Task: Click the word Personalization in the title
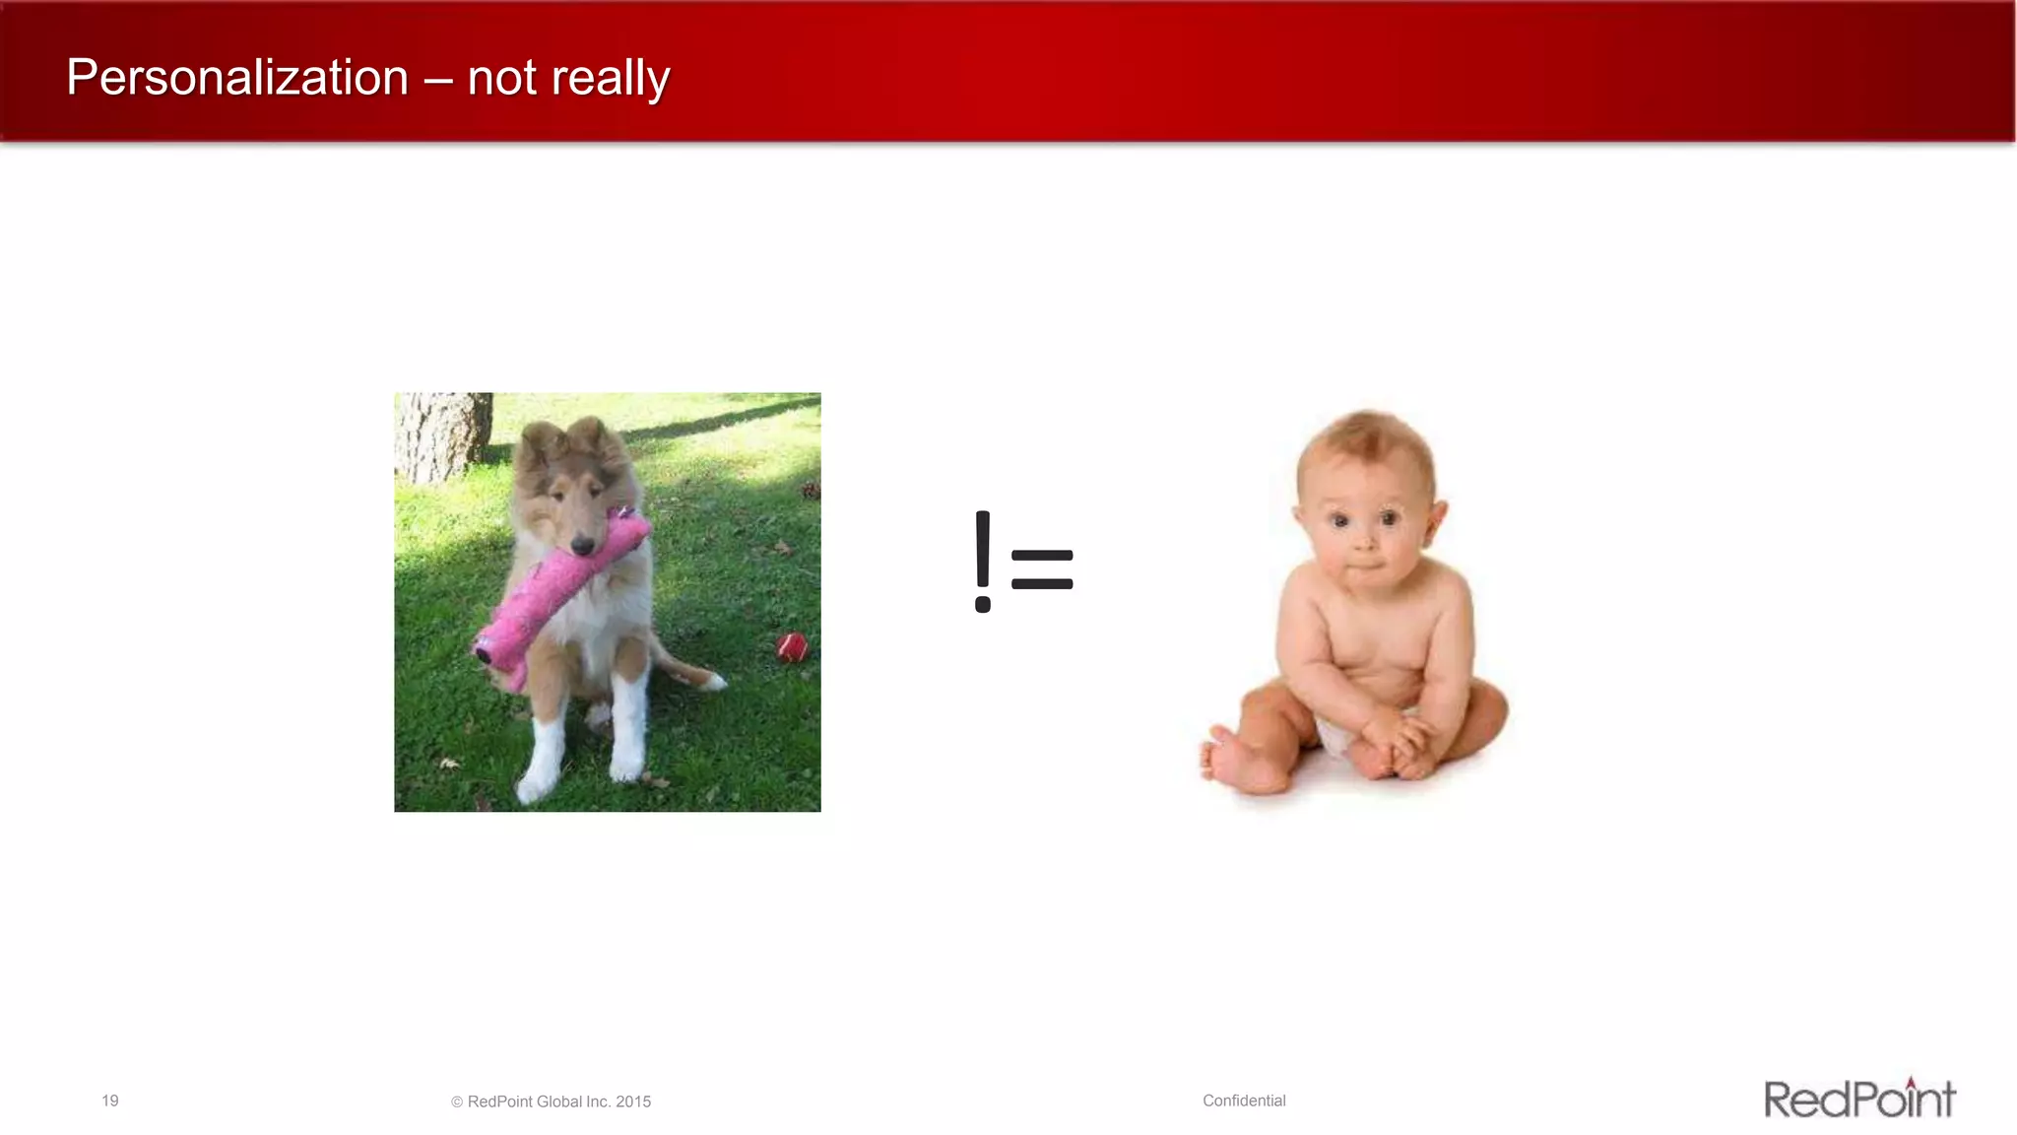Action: click(x=237, y=78)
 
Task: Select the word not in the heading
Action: click(x=502, y=79)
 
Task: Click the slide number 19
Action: click(x=110, y=1101)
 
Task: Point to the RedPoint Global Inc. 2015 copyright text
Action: click(x=552, y=1102)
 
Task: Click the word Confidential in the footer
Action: click(x=1244, y=1101)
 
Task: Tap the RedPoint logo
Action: click(x=1858, y=1099)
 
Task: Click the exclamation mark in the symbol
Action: click(x=983, y=562)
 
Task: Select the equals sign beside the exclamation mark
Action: click(x=1042, y=570)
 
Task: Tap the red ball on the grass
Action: click(x=792, y=647)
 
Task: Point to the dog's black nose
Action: click(x=582, y=544)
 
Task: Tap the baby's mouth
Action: click(x=1364, y=569)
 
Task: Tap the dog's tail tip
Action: click(x=716, y=680)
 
